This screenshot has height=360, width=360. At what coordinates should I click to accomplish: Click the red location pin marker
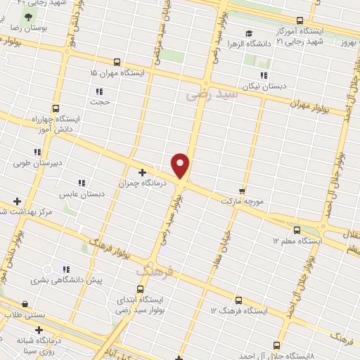[x=181, y=165]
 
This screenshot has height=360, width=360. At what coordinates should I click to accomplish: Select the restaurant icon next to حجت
[x=98, y=91]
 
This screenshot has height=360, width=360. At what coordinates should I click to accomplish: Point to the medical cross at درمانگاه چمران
[x=143, y=172]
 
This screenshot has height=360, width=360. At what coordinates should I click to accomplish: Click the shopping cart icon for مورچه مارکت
[x=242, y=191]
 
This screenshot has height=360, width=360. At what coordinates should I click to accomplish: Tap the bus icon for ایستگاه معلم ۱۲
[x=297, y=231]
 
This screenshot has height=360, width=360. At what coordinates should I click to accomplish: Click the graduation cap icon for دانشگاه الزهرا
[x=248, y=33]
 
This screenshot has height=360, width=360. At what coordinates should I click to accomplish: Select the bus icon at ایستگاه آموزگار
[x=300, y=21]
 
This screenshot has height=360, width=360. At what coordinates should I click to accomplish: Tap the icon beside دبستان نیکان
[x=264, y=75]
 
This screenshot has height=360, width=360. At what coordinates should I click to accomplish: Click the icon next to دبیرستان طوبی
[x=37, y=152]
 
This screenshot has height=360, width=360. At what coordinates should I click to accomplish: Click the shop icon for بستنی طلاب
[x=25, y=304]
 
